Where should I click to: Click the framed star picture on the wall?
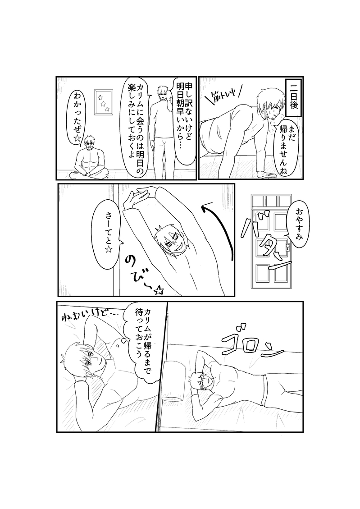coord(104,102)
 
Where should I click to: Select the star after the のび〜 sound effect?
coord(159,291)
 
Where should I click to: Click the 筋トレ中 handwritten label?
coord(223,94)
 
